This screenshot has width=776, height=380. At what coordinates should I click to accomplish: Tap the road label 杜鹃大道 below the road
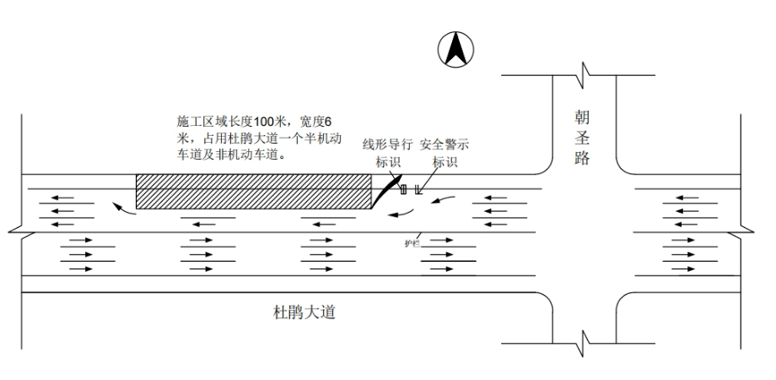click(304, 313)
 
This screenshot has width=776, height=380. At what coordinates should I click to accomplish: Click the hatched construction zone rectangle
click(253, 192)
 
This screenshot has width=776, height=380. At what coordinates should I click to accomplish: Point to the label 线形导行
click(388, 144)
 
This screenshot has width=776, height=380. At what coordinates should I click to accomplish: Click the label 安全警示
click(445, 144)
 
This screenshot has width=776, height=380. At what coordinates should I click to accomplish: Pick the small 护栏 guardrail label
click(412, 243)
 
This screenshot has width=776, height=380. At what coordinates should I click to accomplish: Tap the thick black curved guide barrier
click(384, 191)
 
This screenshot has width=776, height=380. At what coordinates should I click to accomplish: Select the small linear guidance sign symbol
click(403, 190)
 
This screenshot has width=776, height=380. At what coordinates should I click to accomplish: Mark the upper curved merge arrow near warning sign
click(445, 200)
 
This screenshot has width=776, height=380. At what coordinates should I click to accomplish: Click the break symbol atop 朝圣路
click(584, 74)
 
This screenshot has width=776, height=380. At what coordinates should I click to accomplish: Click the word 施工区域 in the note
click(198, 120)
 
